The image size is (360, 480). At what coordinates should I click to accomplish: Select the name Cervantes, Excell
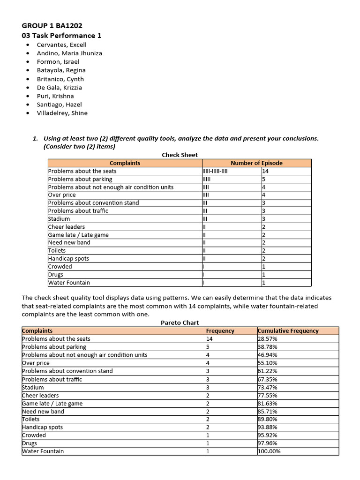click(x=61, y=45)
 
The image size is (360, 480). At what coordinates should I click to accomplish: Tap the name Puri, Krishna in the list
click(x=55, y=96)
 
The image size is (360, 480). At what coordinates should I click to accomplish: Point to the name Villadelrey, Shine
click(x=62, y=113)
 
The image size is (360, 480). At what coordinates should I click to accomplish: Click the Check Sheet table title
click(x=180, y=155)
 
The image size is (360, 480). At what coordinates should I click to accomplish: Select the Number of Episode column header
click(x=256, y=163)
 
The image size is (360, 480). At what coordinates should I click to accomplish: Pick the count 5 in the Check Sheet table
click(x=264, y=179)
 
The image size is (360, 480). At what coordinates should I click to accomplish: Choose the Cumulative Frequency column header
click(x=288, y=330)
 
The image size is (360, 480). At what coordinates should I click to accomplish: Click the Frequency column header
click(x=220, y=330)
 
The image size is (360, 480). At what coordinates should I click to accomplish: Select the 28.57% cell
click(x=268, y=338)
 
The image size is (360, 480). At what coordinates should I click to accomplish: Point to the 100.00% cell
click(x=269, y=451)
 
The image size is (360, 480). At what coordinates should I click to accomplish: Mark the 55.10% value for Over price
click(x=268, y=363)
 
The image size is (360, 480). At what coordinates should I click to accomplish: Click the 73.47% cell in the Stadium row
click(x=268, y=387)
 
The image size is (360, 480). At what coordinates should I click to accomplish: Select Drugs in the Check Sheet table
click(x=55, y=275)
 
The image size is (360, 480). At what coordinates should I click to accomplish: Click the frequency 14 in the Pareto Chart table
click(x=209, y=338)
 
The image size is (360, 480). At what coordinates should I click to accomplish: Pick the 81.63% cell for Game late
click(x=268, y=403)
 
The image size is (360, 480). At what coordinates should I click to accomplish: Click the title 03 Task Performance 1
click(x=61, y=36)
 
